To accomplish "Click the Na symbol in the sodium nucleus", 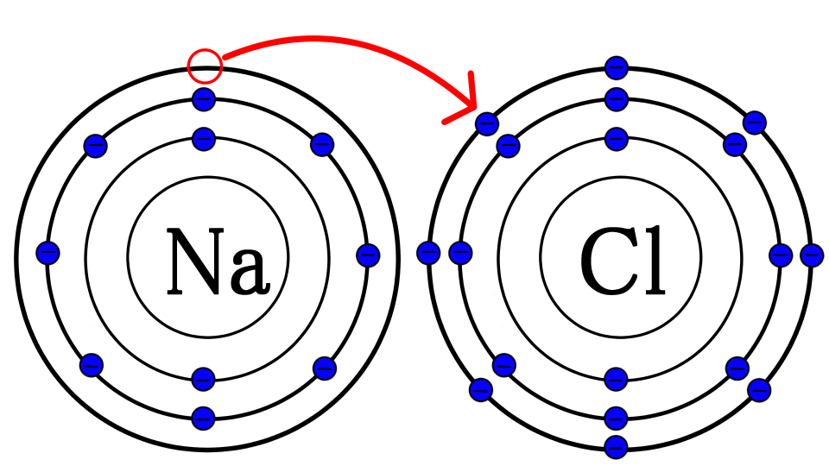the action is (x=215, y=261).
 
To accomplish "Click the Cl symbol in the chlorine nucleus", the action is (x=622, y=260).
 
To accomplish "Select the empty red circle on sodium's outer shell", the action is (x=206, y=66).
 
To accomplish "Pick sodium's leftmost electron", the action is (x=47, y=253).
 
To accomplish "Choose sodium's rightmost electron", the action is (x=368, y=255).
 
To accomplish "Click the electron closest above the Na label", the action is (x=204, y=139).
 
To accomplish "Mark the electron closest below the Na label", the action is (x=204, y=378).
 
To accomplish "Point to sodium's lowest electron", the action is (x=204, y=419).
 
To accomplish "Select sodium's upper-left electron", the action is (x=96, y=144).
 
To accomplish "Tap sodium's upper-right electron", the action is (x=322, y=144).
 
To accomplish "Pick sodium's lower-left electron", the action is (x=92, y=364).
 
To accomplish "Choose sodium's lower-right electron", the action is (x=325, y=368).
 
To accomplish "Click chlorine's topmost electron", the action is (x=617, y=67).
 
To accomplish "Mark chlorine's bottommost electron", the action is (x=616, y=448).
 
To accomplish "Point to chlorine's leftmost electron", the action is (x=428, y=253).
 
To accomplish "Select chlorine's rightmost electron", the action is (x=812, y=255).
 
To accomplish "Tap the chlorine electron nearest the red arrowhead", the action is (x=487, y=123).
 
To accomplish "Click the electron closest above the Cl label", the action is (x=616, y=139).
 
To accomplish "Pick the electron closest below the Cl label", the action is (x=616, y=379).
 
